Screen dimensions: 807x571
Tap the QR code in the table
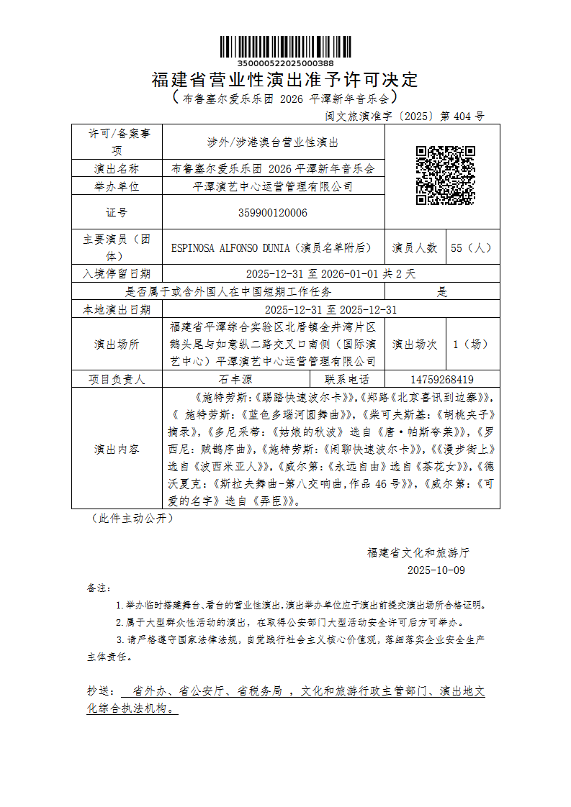coord(446,175)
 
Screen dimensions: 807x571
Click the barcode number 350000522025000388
coord(285,63)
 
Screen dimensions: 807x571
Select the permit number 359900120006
coord(273,212)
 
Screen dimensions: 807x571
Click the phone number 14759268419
coord(441,379)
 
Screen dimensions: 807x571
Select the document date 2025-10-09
coord(436,570)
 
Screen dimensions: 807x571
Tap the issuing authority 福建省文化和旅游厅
coord(418,552)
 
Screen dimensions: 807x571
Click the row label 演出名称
coord(117,169)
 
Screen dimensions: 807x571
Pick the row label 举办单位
coord(117,186)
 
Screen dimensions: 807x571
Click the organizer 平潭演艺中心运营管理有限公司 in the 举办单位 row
coord(273,186)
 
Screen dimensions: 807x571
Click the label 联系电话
coord(347,379)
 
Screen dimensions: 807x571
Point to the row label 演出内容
coord(117,449)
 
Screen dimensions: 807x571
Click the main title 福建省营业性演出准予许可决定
coord(285,80)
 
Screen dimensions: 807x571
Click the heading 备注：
coord(96,588)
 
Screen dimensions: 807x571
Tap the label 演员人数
coord(415,247)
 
